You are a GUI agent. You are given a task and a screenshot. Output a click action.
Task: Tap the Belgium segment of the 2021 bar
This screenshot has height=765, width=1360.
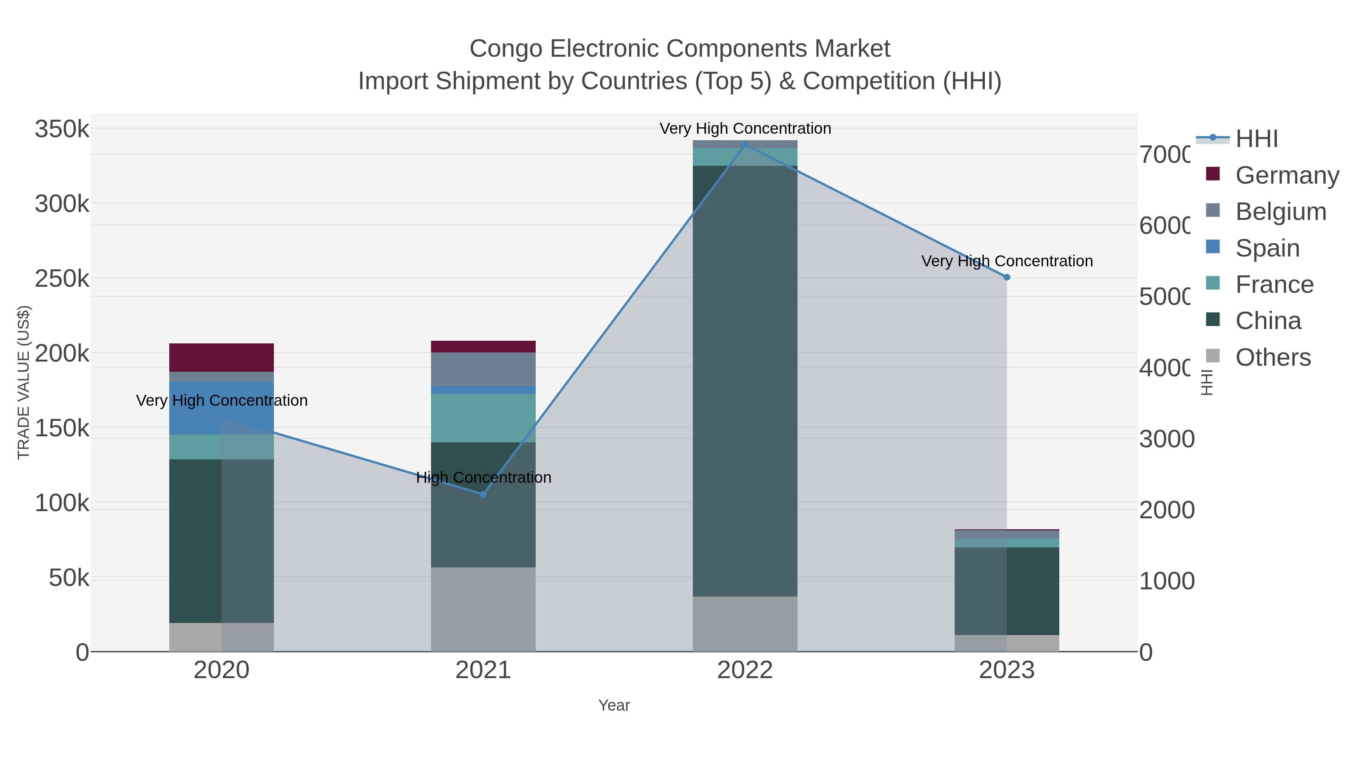click(x=483, y=369)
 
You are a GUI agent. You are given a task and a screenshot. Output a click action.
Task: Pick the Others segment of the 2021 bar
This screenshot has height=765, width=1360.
click(x=483, y=609)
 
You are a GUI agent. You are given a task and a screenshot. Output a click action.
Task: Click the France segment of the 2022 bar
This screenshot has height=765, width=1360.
click(x=745, y=157)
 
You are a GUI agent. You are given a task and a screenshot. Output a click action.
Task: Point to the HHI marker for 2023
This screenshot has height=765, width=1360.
click(x=1006, y=277)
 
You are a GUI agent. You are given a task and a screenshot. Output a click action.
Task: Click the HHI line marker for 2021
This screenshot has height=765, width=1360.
click(x=483, y=494)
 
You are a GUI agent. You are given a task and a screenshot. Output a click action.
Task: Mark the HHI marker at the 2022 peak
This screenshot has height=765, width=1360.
click(x=745, y=145)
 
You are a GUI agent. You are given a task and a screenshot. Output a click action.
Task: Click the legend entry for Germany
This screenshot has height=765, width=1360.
click(x=1287, y=175)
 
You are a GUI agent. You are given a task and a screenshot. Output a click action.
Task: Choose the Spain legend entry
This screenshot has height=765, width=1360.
click(x=1267, y=248)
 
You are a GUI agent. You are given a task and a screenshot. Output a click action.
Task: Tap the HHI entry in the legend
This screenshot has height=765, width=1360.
click(x=1256, y=139)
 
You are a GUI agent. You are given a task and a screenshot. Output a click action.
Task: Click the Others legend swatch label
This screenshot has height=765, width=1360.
click(x=1273, y=357)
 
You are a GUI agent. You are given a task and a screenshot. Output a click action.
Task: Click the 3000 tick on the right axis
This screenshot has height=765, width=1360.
click(x=1166, y=439)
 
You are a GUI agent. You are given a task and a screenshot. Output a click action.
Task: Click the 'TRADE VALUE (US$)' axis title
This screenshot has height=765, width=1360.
click(x=24, y=382)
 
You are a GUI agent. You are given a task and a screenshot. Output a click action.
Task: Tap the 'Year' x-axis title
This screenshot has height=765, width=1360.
click(x=614, y=705)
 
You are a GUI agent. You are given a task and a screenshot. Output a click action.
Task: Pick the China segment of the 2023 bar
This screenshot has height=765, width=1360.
click(x=1006, y=591)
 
